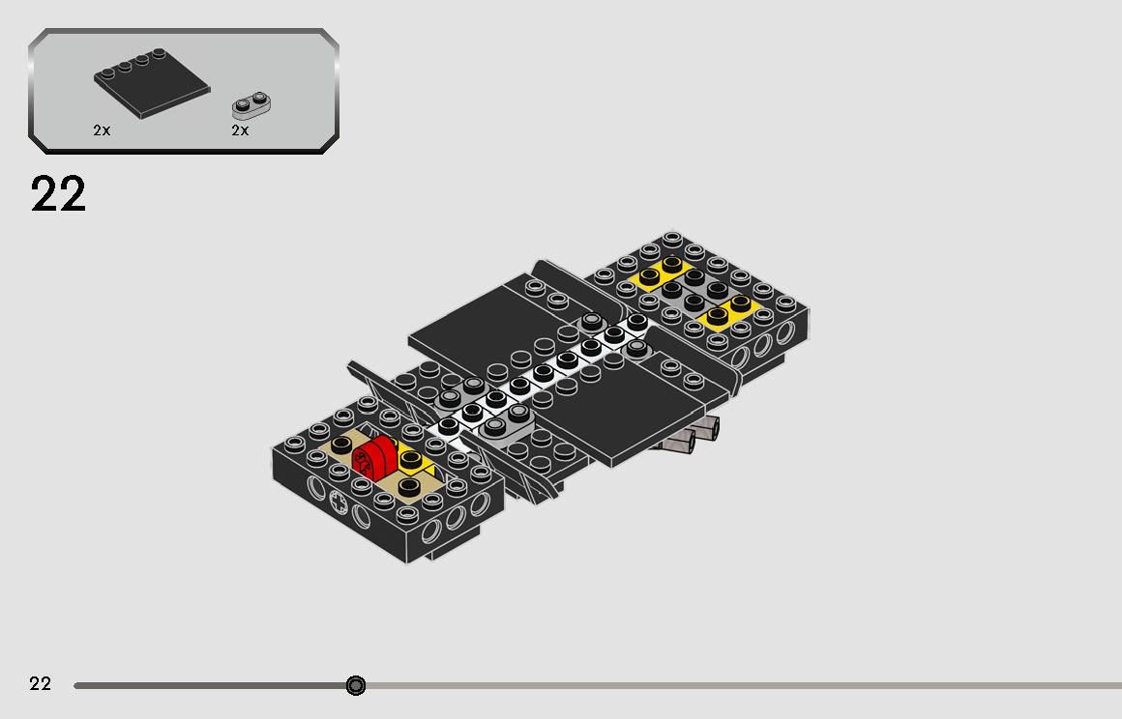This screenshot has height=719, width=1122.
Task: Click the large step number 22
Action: coord(58,193)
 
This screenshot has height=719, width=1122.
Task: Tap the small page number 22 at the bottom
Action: coord(40,684)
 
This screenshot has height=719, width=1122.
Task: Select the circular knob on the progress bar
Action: coord(356,685)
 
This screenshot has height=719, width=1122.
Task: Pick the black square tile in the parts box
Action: coord(152,84)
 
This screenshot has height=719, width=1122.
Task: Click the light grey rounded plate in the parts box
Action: coord(251,105)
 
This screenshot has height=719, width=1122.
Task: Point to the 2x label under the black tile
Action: coord(102,130)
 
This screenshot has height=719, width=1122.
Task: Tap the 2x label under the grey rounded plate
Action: coord(241,130)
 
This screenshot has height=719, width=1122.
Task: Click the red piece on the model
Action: coord(374,457)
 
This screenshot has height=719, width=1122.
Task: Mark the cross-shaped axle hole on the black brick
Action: coord(339,503)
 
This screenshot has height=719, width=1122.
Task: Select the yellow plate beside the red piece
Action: coord(415,462)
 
